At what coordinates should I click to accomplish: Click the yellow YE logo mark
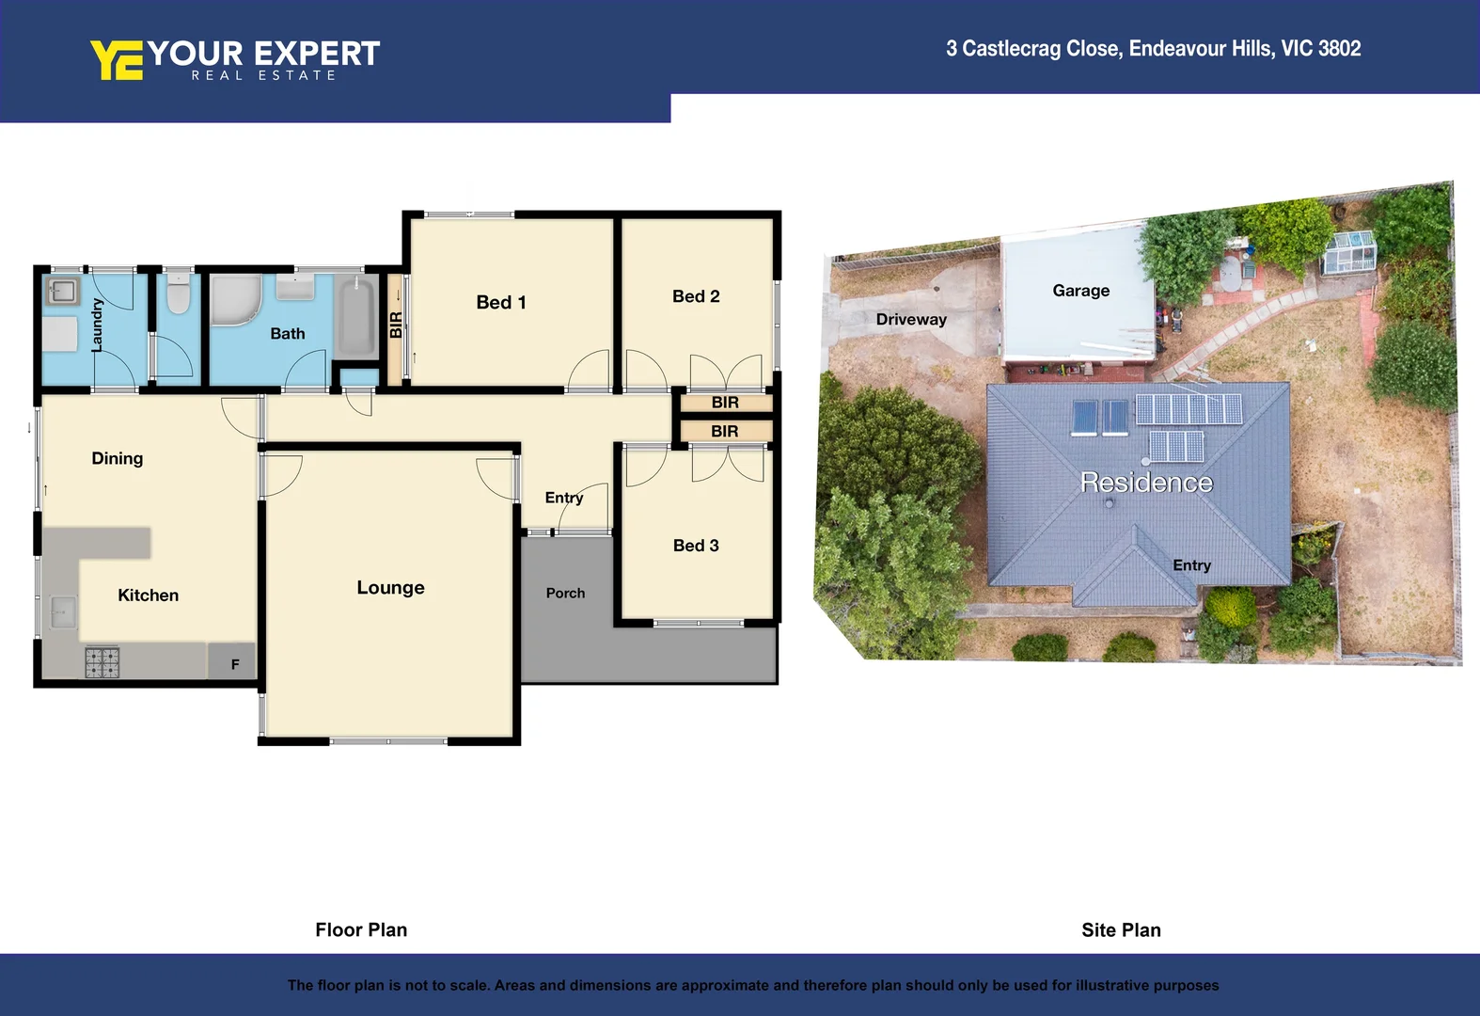click(x=117, y=59)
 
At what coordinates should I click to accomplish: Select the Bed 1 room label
click(x=500, y=302)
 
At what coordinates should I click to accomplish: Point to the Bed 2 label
click(x=696, y=296)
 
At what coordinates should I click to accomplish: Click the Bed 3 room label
click(x=696, y=546)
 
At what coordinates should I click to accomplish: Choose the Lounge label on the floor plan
click(x=390, y=588)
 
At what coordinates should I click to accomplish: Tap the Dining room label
click(x=118, y=458)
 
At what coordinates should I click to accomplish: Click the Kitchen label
click(x=148, y=595)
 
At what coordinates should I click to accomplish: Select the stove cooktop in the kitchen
click(x=102, y=662)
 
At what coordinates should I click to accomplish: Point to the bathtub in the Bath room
click(x=357, y=316)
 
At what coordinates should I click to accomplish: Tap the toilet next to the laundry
click(x=178, y=294)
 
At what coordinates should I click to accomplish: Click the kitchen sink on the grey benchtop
click(x=63, y=612)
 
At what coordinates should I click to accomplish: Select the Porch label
click(x=565, y=593)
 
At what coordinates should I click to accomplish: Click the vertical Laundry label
click(x=97, y=325)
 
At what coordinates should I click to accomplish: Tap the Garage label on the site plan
click(x=1080, y=291)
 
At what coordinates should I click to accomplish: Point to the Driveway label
click(x=911, y=319)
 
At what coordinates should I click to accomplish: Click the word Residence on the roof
click(x=1146, y=483)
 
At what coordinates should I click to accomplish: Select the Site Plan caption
click(x=1121, y=930)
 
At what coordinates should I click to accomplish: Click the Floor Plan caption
click(x=361, y=930)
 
